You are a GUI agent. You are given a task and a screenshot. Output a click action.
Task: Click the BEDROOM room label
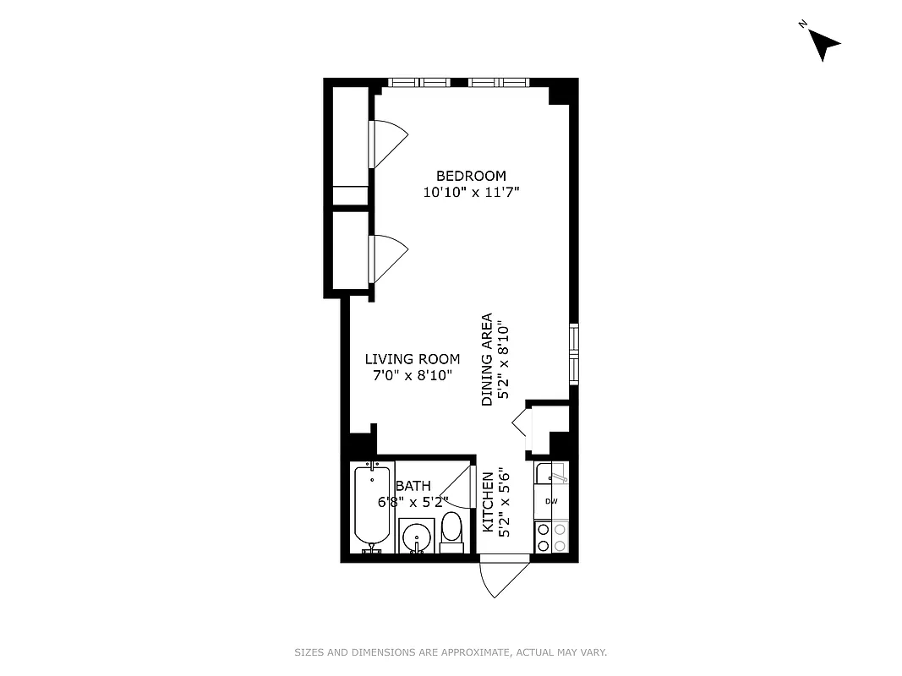coord(471,176)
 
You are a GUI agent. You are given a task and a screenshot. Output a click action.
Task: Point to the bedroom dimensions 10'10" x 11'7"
coord(471,193)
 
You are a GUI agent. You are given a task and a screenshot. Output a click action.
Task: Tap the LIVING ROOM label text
coord(413,359)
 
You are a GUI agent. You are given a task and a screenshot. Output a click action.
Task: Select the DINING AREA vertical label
coord(487,360)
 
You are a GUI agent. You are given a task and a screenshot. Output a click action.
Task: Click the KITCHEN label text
coord(488,502)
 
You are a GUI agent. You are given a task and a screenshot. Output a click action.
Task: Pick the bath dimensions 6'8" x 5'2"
coord(413,502)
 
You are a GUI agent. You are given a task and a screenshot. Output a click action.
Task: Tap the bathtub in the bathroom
coord(372,507)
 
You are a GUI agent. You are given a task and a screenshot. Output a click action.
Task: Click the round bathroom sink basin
coord(415,537)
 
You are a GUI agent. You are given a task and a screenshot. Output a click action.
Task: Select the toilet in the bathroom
coord(452,532)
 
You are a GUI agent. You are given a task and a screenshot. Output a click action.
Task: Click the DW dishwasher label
coord(551,502)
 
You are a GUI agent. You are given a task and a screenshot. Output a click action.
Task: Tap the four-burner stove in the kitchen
coord(551,537)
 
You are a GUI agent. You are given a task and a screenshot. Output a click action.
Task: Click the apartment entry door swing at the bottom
coord(502,578)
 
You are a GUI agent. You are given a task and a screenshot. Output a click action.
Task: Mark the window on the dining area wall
coord(573,352)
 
